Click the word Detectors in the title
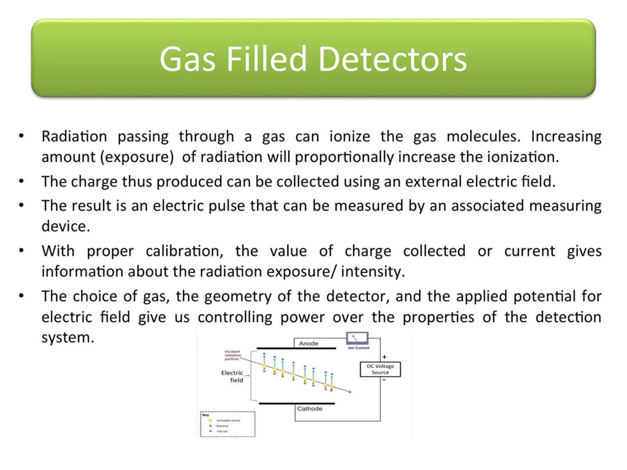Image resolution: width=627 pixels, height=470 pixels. click(x=392, y=59)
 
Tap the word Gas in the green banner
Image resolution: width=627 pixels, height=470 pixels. click(x=187, y=59)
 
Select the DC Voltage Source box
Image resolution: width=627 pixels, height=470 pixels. click(x=380, y=369)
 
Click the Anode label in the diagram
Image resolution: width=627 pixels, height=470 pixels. click(x=308, y=344)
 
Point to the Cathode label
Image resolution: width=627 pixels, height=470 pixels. click(x=310, y=409)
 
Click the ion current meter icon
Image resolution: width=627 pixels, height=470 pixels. click(x=357, y=338)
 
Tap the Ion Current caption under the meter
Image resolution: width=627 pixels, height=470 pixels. click(x=359, y=348)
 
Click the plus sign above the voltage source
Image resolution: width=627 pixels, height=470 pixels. click(x=385, y=357)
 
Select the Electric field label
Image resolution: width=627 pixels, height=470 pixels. click(x=233, y=376)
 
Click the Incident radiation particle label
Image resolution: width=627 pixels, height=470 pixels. click(x=232, y=355)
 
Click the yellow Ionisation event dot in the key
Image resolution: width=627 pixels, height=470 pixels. click(x=210, y=420)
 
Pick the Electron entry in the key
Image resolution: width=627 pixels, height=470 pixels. click(x=222, y=426)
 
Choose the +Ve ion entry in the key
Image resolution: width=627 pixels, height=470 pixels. click(x=222, y=431)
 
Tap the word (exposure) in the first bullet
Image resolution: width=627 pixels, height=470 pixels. click(x=137, y=157)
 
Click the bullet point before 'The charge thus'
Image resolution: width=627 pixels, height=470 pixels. click(x=21, y=181)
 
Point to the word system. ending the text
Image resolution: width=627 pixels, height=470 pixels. click(x=68, y=338)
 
